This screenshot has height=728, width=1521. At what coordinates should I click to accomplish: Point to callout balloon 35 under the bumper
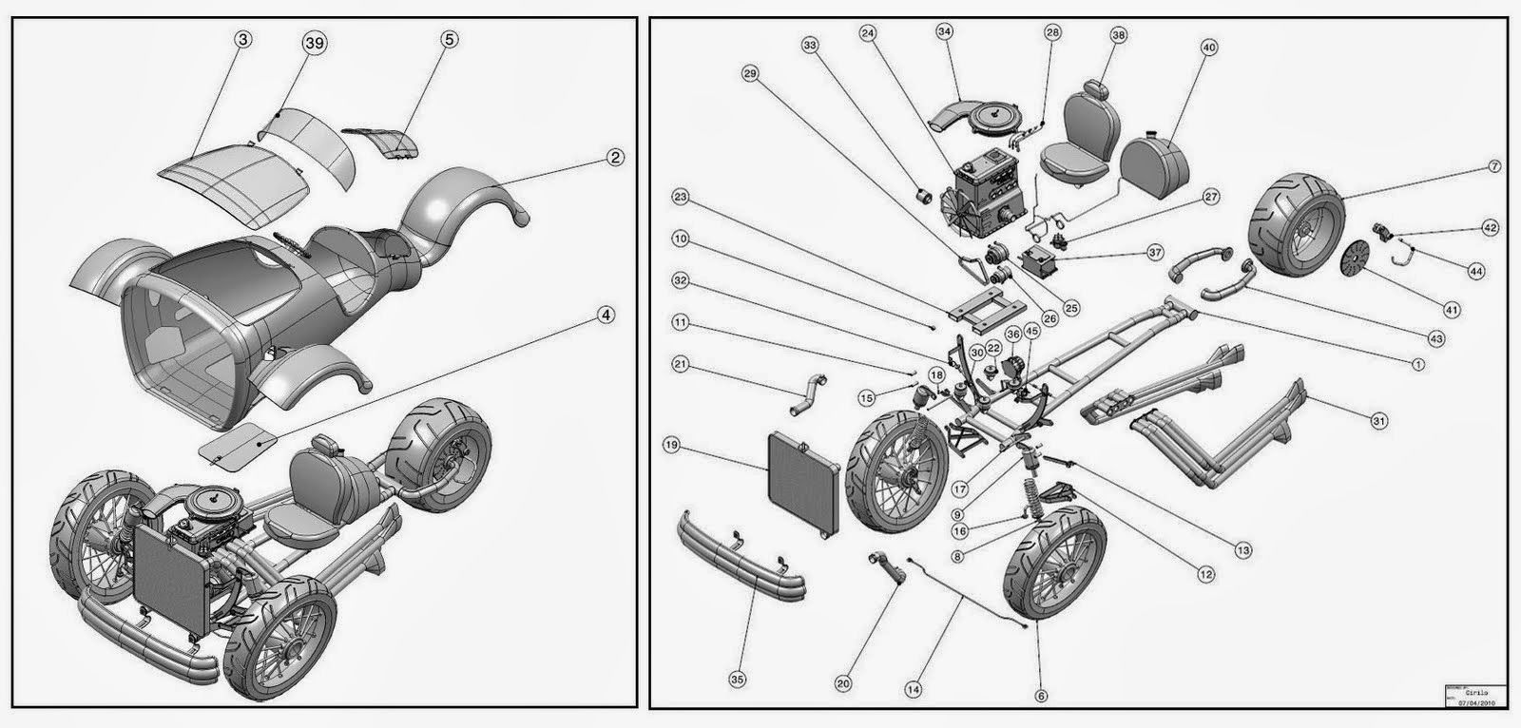coord(737,680)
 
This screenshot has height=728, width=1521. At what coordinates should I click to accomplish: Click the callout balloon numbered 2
coord(616,159)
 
